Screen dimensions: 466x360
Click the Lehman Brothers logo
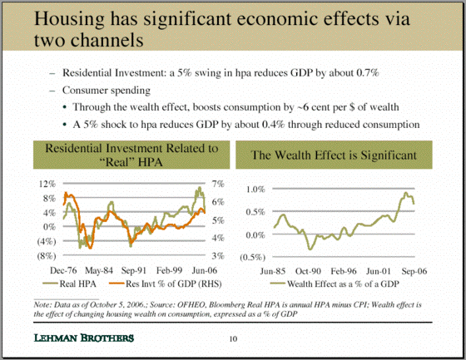pos(84,338)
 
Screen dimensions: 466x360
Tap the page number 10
pos(233,338)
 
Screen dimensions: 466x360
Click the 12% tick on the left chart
pos(47,184)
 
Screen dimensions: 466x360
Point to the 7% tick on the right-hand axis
pos(218,184)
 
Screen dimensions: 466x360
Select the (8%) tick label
pos(47,255)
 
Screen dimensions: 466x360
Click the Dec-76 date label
pos(63,270)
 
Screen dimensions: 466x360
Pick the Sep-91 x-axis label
pos(134,270)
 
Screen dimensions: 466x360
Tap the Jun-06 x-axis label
pos(205,270)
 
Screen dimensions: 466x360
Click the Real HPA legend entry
pos(70,284)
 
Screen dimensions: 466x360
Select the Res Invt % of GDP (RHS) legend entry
pos(166,284)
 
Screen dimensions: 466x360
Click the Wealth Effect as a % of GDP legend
pos(335,284)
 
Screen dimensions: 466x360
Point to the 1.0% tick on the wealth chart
pos(255,190)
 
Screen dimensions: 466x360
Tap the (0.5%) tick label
pos(253,257)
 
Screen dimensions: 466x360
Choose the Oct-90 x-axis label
pos(308,271)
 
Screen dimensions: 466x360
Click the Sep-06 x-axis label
pos(414,271)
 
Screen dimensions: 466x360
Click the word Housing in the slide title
pos(70,19)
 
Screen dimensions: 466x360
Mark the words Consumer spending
pos(107,91)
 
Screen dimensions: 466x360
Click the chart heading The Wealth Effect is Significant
pos(334,155)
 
